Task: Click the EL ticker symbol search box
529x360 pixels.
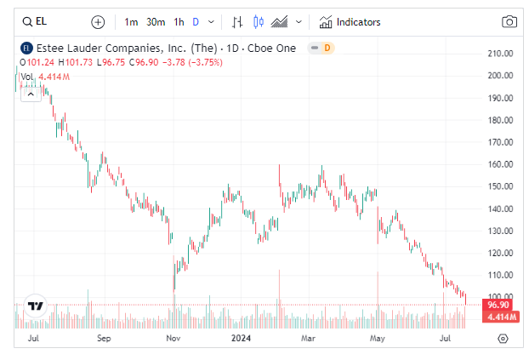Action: [35, 22]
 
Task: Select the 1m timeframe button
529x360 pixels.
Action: [131, 22]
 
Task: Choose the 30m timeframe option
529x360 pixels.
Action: [156, 22]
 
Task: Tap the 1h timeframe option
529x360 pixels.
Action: [179, 22]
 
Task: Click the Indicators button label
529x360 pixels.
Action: [358, 22]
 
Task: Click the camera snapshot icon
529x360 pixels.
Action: [509, 22]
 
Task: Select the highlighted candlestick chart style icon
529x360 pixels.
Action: [259, 22]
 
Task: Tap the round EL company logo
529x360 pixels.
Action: [26, 49]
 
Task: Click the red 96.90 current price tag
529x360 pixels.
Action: [498, 305]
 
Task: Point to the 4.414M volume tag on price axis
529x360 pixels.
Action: [501, 317]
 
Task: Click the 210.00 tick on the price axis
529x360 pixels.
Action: [500, 54]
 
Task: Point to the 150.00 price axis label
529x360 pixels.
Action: [500, 186]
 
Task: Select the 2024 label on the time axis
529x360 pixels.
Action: [241, 338]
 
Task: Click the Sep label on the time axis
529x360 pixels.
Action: [104, 338]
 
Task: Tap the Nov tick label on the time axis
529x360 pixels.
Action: [173, 338]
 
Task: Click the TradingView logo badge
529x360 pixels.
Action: [36, 306]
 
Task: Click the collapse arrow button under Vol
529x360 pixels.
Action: [31, 94]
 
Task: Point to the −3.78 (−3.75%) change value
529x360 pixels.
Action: [192, 62]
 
